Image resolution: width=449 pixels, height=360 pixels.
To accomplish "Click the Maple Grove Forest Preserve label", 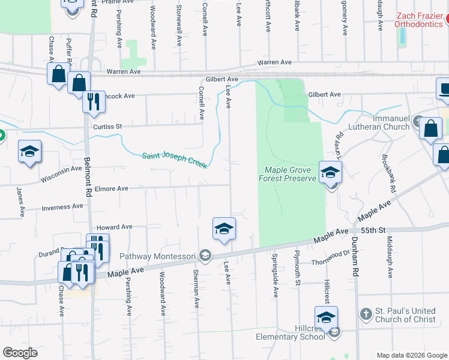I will (287, 174).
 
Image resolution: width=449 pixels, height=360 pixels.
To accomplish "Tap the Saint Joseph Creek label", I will (175, 160).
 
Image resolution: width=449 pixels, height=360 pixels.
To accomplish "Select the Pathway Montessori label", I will (158, 256).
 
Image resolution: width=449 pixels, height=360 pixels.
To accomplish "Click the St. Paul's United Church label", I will (405, 315).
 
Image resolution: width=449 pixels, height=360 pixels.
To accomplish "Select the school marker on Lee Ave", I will (224, 229).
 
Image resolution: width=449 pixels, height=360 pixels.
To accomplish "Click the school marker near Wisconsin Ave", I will (29, 152).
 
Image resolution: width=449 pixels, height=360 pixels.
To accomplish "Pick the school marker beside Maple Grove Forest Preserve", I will (330, 173).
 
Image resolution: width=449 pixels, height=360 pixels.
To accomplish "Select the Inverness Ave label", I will (62, 206).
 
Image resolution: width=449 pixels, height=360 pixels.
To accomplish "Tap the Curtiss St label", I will (107, 127).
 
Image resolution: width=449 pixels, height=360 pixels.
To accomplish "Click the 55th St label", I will (377, 230).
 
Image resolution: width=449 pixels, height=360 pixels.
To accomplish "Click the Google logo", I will (20, 353).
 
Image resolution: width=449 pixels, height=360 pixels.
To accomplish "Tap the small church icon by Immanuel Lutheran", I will (418, 122).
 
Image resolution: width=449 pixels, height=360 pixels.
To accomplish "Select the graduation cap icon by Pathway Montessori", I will (205, 256).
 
